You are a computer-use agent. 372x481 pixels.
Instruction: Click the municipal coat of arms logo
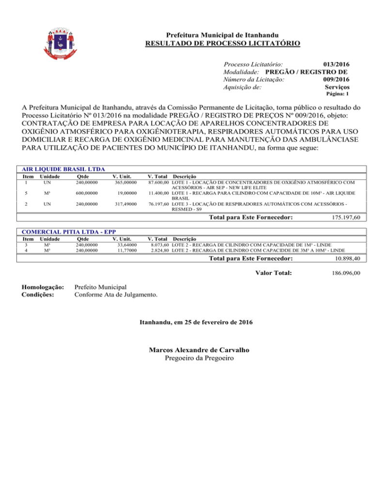[62, 44]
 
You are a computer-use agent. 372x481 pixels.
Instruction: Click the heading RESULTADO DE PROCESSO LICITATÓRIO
[222, 44]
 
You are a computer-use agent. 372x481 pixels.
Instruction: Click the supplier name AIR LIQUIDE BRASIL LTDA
[57, 169]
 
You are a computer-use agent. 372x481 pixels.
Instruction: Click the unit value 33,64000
[125, 244]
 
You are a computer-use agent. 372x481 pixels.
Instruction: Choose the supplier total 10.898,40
[344, 260]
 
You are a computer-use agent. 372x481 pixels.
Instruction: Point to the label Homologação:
[43, 287]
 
